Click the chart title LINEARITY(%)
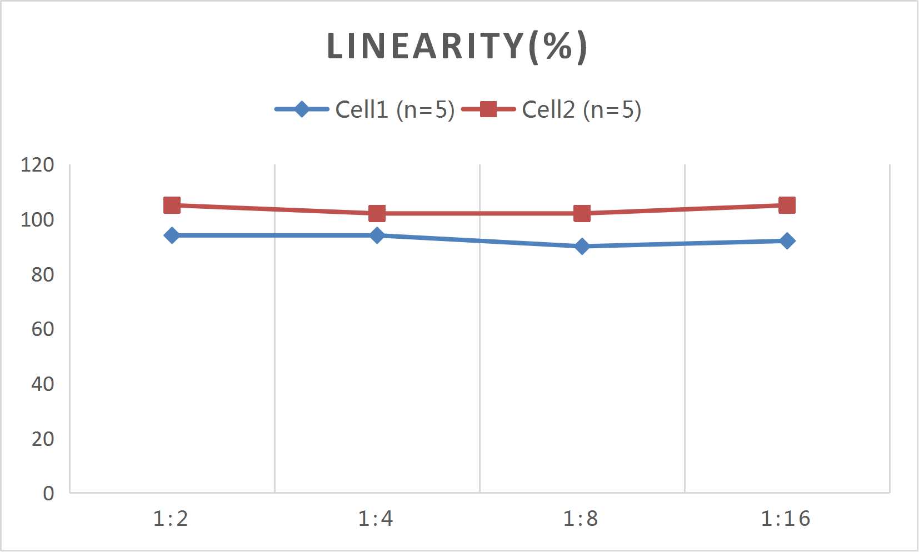(x=457, y=46)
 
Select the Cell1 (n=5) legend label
(x=394, y=109)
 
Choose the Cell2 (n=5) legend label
(x=581, y=109)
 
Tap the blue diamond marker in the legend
(x=302, y=109)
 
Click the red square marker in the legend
(x=488, y=109)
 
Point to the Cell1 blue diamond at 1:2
(x=172, y=235)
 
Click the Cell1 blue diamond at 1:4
(x=377, y=235)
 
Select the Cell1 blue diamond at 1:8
(x=582, y=246)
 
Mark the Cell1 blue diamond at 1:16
(x=787, y=241)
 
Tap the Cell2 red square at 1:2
(x=172, y=205)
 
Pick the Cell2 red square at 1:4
(x=377, y=213)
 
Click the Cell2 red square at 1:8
(x=582, y=213)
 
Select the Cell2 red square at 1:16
(x=787, y=205)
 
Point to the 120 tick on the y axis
(x=37, y=165)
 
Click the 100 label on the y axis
(x=37, y=220)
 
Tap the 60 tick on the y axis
(x=42, y=329)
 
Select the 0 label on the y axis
(x=48, y=493)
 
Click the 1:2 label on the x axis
(x=171, y=519)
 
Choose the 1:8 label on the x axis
(x=581, y=519)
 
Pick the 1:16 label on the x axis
(x=785, y=519)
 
